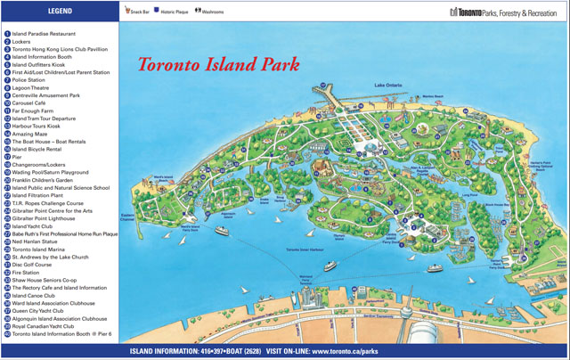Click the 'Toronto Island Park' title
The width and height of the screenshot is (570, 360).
point(217,65)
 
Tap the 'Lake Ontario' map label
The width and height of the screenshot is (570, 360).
point(388,84)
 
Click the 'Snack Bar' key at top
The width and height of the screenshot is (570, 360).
point(137,12)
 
